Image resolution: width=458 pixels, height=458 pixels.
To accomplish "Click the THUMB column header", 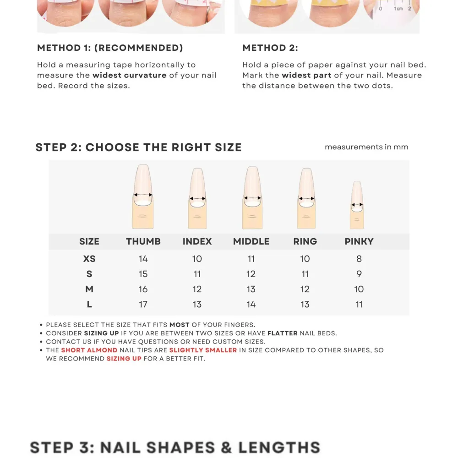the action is [143, 241].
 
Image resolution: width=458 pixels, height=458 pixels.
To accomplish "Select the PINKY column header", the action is [359, 241].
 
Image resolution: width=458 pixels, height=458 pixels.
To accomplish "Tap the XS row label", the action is [89, 259].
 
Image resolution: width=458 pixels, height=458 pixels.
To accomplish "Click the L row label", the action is [89, 305].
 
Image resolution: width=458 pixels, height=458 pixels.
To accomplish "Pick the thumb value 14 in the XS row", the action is [143, 259].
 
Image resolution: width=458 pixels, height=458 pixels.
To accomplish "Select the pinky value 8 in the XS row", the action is [359, 259].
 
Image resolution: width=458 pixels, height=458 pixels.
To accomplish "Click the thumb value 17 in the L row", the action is [143, 305].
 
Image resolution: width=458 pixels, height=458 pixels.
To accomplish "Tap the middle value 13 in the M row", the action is [251, 289].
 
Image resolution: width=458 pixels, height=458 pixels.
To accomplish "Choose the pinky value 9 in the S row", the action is [359, 274].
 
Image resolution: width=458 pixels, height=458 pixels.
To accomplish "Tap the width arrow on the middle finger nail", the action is [252, 198].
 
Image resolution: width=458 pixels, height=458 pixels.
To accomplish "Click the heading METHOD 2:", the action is [270, 48].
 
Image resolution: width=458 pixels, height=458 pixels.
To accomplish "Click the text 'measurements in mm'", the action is [366, 147].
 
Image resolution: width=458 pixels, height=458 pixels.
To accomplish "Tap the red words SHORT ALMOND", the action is [89, 350].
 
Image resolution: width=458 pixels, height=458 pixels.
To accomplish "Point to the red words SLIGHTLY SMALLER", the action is [203, 350].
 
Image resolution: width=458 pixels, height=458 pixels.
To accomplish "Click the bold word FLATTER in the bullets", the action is [283, 333].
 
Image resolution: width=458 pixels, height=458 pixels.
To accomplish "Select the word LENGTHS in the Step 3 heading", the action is [279, 447].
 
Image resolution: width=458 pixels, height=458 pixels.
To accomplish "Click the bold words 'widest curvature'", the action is [130, 76].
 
